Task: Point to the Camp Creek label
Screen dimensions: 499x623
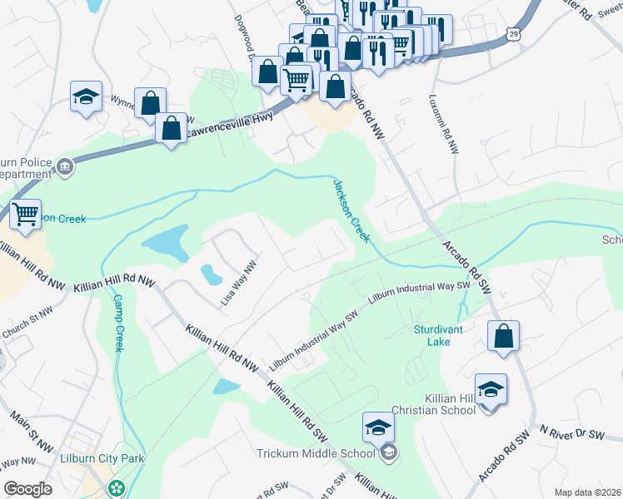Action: tap(117, 323)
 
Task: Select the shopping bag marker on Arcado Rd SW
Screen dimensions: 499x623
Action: tap(503, 337)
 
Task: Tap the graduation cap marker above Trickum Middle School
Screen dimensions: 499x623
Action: tap(378, 427)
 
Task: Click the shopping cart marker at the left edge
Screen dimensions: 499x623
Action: tap(26, 215)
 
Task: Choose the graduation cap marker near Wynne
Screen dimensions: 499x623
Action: tap(86, 96)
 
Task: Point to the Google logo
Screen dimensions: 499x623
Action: tap(27, 489)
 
